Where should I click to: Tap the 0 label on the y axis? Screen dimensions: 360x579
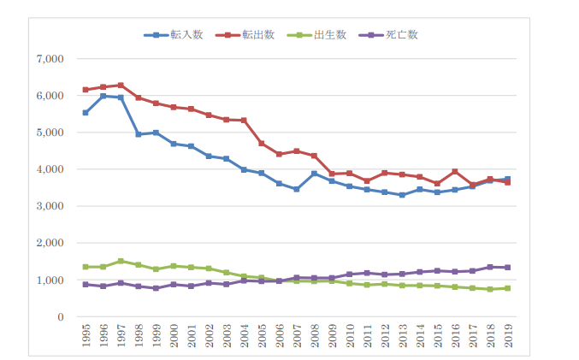pos(61,317)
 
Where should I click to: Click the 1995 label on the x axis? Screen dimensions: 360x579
pos(86,336)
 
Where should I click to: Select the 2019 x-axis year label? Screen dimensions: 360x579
pos(509,336)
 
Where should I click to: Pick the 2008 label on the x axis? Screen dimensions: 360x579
pos(315,336)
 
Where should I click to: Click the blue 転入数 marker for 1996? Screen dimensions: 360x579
pos(103,97)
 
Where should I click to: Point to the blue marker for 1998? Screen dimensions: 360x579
pos(139,134)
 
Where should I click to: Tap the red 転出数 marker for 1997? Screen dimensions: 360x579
pos(121,86)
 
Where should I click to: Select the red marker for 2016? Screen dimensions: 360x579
pos(456,172)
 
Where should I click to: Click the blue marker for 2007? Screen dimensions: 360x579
pos(297,189)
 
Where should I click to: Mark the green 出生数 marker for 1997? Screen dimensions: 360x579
pos(121,261)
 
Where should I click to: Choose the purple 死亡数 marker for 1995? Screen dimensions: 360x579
pos(86,284)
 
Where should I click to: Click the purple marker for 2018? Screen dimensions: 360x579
pos(491,267)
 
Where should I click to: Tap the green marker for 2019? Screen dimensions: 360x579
pos(509,288)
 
